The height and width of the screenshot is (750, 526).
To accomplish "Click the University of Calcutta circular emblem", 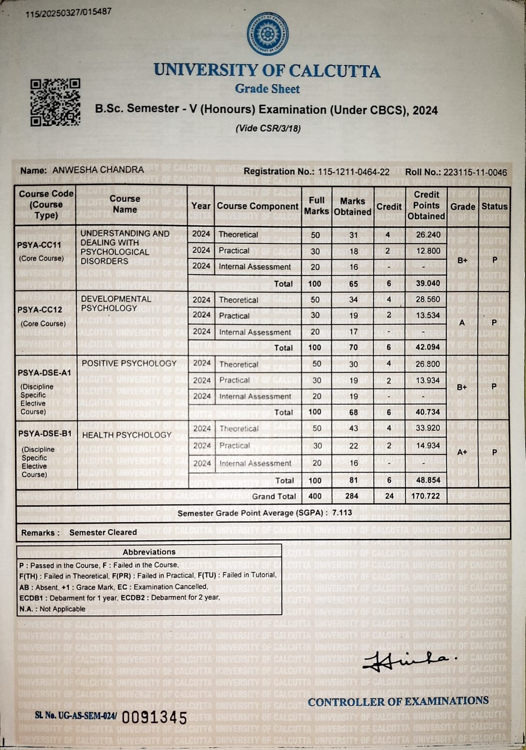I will point(267,34).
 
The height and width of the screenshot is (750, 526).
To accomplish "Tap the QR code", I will point(55,103).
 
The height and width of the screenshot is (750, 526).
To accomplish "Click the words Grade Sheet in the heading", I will point(267,89).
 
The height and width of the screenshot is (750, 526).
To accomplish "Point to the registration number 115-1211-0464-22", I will point(353,172).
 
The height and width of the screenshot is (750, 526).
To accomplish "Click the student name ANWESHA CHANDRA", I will point(98,170).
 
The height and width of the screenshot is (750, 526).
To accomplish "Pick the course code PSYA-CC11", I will point(39,245).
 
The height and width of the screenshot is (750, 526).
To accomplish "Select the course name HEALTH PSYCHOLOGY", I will point(127,435).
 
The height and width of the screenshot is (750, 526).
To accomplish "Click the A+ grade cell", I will point(462,452).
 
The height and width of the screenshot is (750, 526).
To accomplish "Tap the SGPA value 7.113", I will point(342,512).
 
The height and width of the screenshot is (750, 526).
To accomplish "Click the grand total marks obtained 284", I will point(352,496).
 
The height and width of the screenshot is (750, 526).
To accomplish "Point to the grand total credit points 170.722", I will point(425,496).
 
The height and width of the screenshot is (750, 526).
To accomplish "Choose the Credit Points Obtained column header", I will point(426,205).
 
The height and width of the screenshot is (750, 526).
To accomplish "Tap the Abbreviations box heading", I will point(149,552).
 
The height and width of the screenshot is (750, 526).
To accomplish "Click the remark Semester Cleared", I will point(103,532).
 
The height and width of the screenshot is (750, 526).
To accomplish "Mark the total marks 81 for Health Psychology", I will point(353,480).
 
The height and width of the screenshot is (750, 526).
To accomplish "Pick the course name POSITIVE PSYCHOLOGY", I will point(129,363).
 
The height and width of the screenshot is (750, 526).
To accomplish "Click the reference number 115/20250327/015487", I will point(68,13).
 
